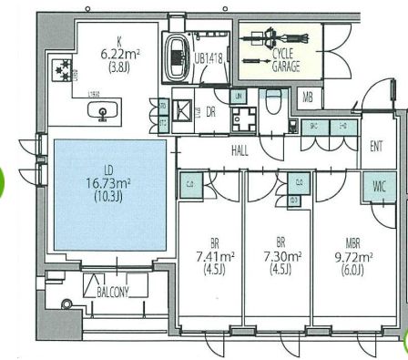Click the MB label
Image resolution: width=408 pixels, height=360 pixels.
(x=308, y=97)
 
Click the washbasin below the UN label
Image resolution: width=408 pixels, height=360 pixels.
(x=241, y=118)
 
